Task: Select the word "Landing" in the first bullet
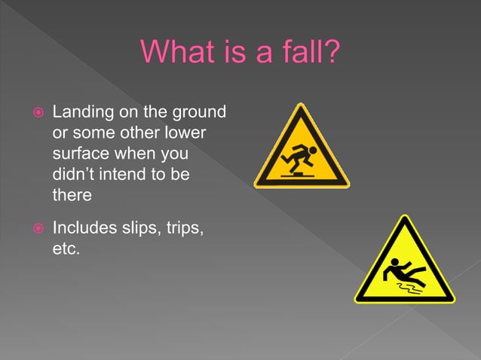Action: pyautogui.click(x=81, y=114)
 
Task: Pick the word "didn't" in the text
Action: pyautogui.click(x=74, y=175)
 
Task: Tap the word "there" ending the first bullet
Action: pyautogui.click(x=72, y=195)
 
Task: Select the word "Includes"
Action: pyautogui.click(x=83, y=227)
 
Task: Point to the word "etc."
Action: pyautogui.click(x=66, y=247)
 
